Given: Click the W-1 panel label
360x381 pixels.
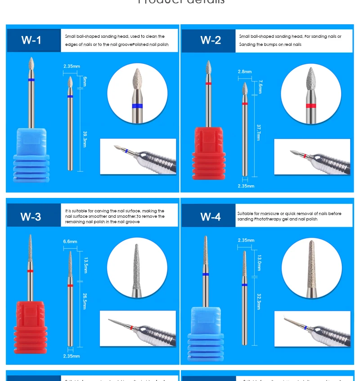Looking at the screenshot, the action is click(31, 40).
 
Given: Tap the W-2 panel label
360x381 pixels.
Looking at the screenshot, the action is click(211, 40).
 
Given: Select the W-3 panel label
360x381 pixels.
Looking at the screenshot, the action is click(31, 217).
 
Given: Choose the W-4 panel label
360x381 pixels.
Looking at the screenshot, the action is click(211, 217).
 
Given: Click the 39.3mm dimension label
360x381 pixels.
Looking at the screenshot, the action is click(85, 139).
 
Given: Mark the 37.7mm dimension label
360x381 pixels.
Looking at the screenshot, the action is click(258, 132).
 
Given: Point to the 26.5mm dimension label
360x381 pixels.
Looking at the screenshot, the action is click(84, 300).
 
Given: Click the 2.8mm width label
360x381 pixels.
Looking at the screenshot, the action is click(245, 72).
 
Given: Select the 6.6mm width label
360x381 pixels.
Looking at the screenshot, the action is click(70, 242).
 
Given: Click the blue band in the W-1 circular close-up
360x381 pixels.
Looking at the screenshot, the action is click(138, 106).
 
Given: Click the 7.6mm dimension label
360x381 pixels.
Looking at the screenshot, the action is click(260, 86).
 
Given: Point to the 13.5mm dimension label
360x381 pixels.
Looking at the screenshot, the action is click(85, 265).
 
